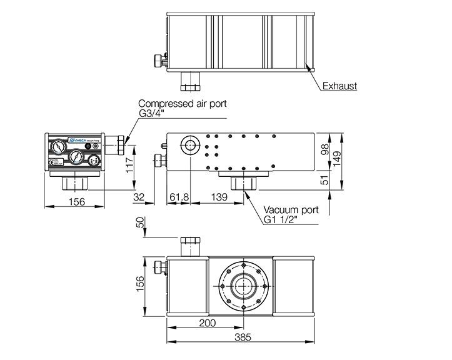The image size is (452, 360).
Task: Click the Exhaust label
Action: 339,86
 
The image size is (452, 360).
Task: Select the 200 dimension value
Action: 208,323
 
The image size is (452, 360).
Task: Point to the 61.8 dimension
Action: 179,197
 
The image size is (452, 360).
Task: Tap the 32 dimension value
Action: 139,197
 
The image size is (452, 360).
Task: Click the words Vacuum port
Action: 291,210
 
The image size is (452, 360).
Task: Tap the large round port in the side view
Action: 189,146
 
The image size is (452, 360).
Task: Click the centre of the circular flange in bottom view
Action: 243,288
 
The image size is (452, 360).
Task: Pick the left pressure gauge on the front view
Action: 58,147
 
